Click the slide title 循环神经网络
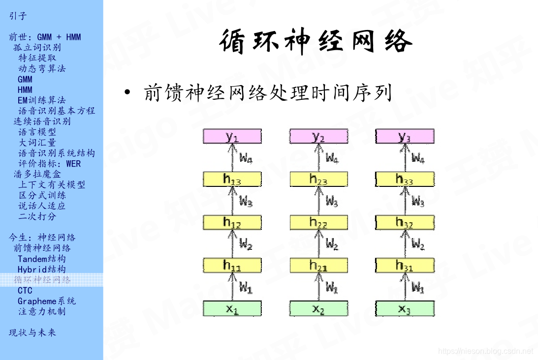pyautogui.click(x=316, y=41)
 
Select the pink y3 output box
pyautogui.click(x=405, y=136)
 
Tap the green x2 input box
pyautogui.click(x=318, y=308)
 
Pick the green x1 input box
pyautogui.click(x=232, y=308)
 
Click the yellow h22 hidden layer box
pyautogui.click(x=318, y=222)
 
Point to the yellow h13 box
pyautogui.click(x=232, y=179)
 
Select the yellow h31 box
pyautogui.click(x=405, y=265)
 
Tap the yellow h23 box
pyautogui.click(x=318, y=179)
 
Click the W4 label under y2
pyautogui.click(x=332, y=158)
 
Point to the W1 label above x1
pyautogui.click(x=246, y=287)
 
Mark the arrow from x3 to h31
pyautogui.click(x=404, y=287)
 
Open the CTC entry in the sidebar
pyautogui.click(x=25, y=291)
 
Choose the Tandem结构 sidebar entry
pyautogui.click(x=42, y=259)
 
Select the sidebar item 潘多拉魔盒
pyautogui.click(x=37, y=174)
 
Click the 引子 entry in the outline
pyautogui.click(x=18, y=16)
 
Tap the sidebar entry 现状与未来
pyautogui.click(x=32, y=332)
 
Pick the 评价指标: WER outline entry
pyautogui.click(x=49, y=164)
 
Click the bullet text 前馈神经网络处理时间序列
pyautogui.click(x=267, y=92)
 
